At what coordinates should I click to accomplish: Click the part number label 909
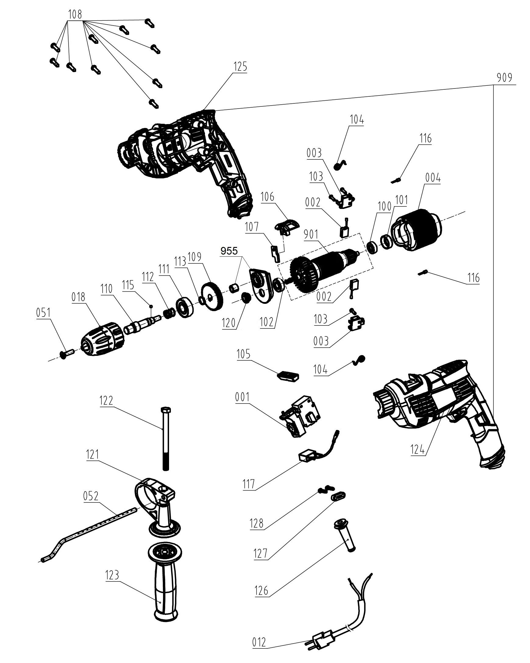point(504,78)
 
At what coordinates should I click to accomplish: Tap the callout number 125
point(240,67)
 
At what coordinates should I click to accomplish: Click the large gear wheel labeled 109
point(212,297)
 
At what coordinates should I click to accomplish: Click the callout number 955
point(229,251)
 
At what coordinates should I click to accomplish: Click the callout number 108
point(75,14)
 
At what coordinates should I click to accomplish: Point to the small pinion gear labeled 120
point(246,298)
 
